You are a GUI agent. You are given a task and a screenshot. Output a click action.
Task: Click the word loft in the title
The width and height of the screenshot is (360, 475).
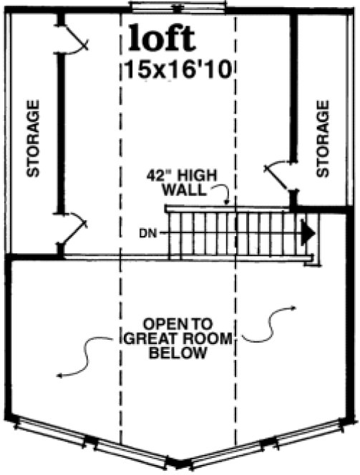click(161, 39)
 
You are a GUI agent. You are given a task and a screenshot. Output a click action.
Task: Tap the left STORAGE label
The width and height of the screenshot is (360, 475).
click(32, 138)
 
